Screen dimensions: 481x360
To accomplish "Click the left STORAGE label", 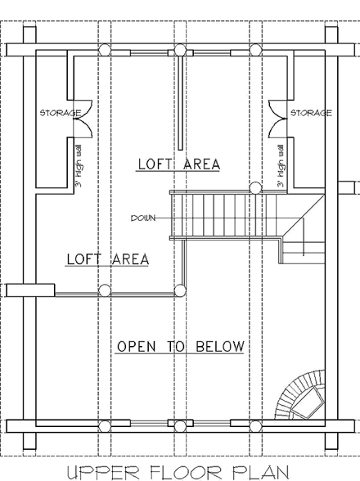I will [x=61, y=113].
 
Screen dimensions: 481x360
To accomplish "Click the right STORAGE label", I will [x=312, y=113].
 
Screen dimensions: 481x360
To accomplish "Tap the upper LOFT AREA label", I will [x=178, y=164].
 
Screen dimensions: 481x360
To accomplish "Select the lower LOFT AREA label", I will [x=107, y=259].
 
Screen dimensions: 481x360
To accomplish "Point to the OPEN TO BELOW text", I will [x=180, y=347].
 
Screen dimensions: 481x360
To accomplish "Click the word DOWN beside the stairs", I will [x=143, y=218].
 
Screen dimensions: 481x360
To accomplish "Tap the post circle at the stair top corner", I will [x=255, y=189].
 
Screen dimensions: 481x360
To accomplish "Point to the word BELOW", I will [x=219, y=347].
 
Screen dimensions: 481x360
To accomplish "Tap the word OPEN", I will [x=136, y=347].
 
